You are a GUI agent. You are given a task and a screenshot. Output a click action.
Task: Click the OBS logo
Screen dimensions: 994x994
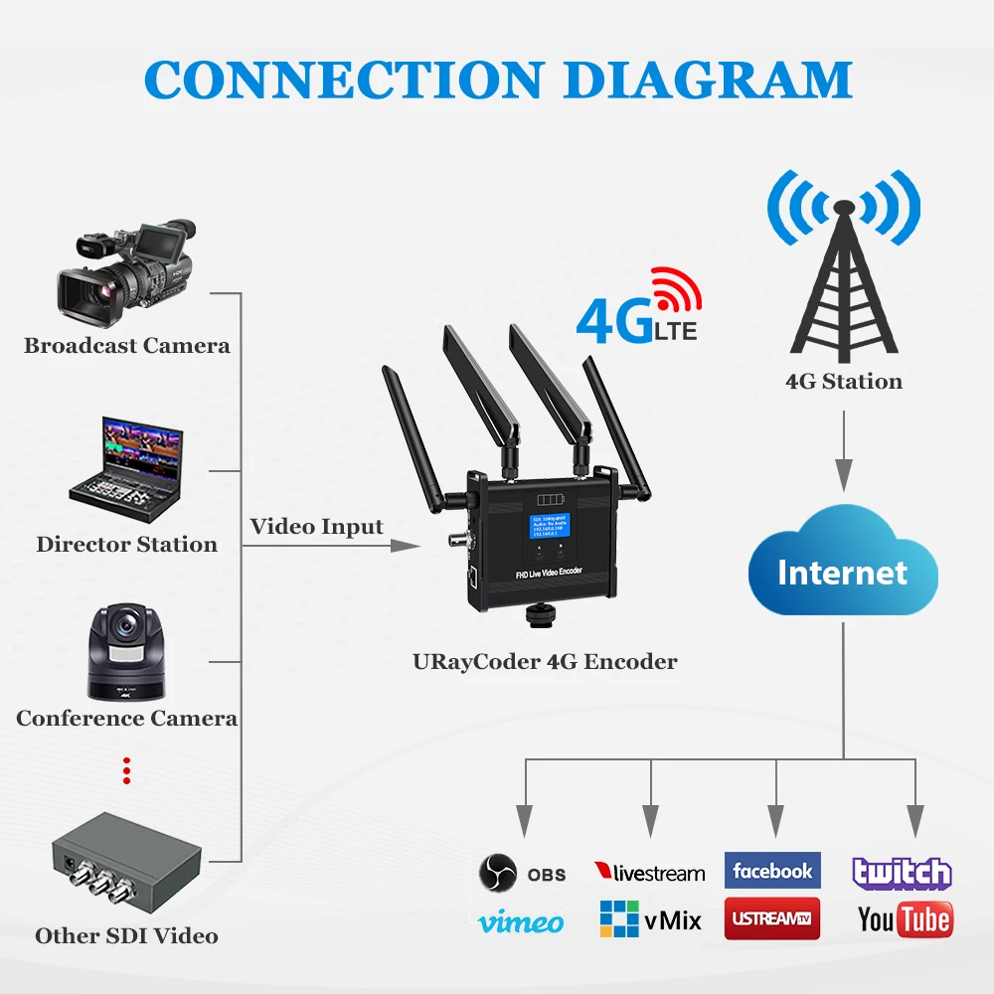[522, 873]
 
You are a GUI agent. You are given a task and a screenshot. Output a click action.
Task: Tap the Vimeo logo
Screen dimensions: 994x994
[521, 922]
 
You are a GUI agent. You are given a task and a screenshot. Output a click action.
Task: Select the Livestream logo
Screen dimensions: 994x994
[649, 873]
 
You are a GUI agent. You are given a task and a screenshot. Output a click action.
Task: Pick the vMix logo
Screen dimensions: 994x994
[651, 919]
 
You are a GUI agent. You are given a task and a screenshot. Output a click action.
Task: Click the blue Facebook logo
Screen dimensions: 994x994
[772, 871]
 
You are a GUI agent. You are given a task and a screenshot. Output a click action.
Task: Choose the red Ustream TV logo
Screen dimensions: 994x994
[772, 918]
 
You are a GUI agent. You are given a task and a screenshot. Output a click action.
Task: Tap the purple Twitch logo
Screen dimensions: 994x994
[903, 873]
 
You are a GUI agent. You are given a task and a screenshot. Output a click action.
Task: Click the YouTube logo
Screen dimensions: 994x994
[905, 919]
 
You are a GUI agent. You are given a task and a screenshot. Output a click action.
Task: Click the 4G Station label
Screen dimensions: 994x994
[844, 381]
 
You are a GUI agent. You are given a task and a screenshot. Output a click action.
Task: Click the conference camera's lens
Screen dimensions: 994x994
[126, 627]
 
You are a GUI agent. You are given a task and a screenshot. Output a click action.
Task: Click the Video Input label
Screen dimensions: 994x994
[316, 526]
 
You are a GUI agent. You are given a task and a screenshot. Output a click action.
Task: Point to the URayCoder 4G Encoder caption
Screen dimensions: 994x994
[545, 661]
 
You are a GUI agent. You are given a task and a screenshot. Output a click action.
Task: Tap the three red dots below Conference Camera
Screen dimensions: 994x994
[126, 770]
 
